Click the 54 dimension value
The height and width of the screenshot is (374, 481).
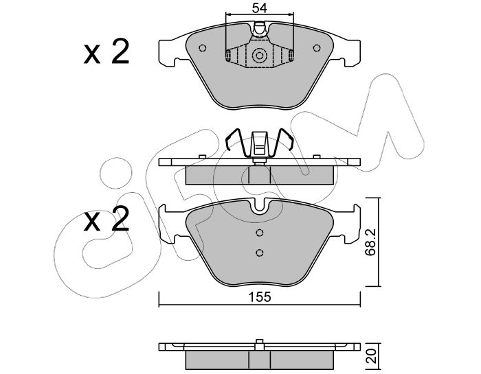260,8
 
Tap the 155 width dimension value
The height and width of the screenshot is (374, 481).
260,297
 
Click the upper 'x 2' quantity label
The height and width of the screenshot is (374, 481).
107,51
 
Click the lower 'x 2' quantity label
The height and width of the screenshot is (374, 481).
107,218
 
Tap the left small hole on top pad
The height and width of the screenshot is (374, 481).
203,48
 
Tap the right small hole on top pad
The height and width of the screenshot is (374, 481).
317,48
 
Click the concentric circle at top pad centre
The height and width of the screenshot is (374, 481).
260,56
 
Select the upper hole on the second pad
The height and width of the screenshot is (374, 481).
260,233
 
